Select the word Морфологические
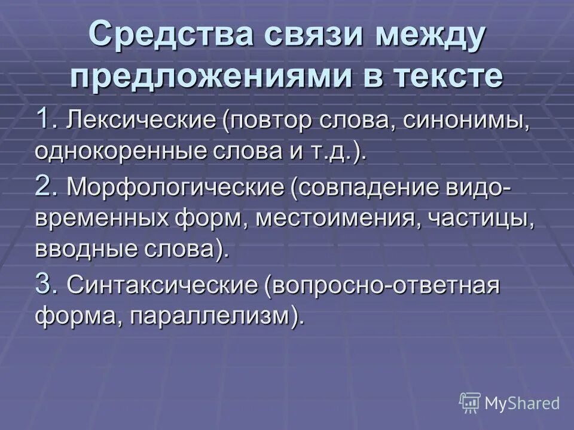(x=175, y=189)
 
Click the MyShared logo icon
(x=470, y=402)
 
